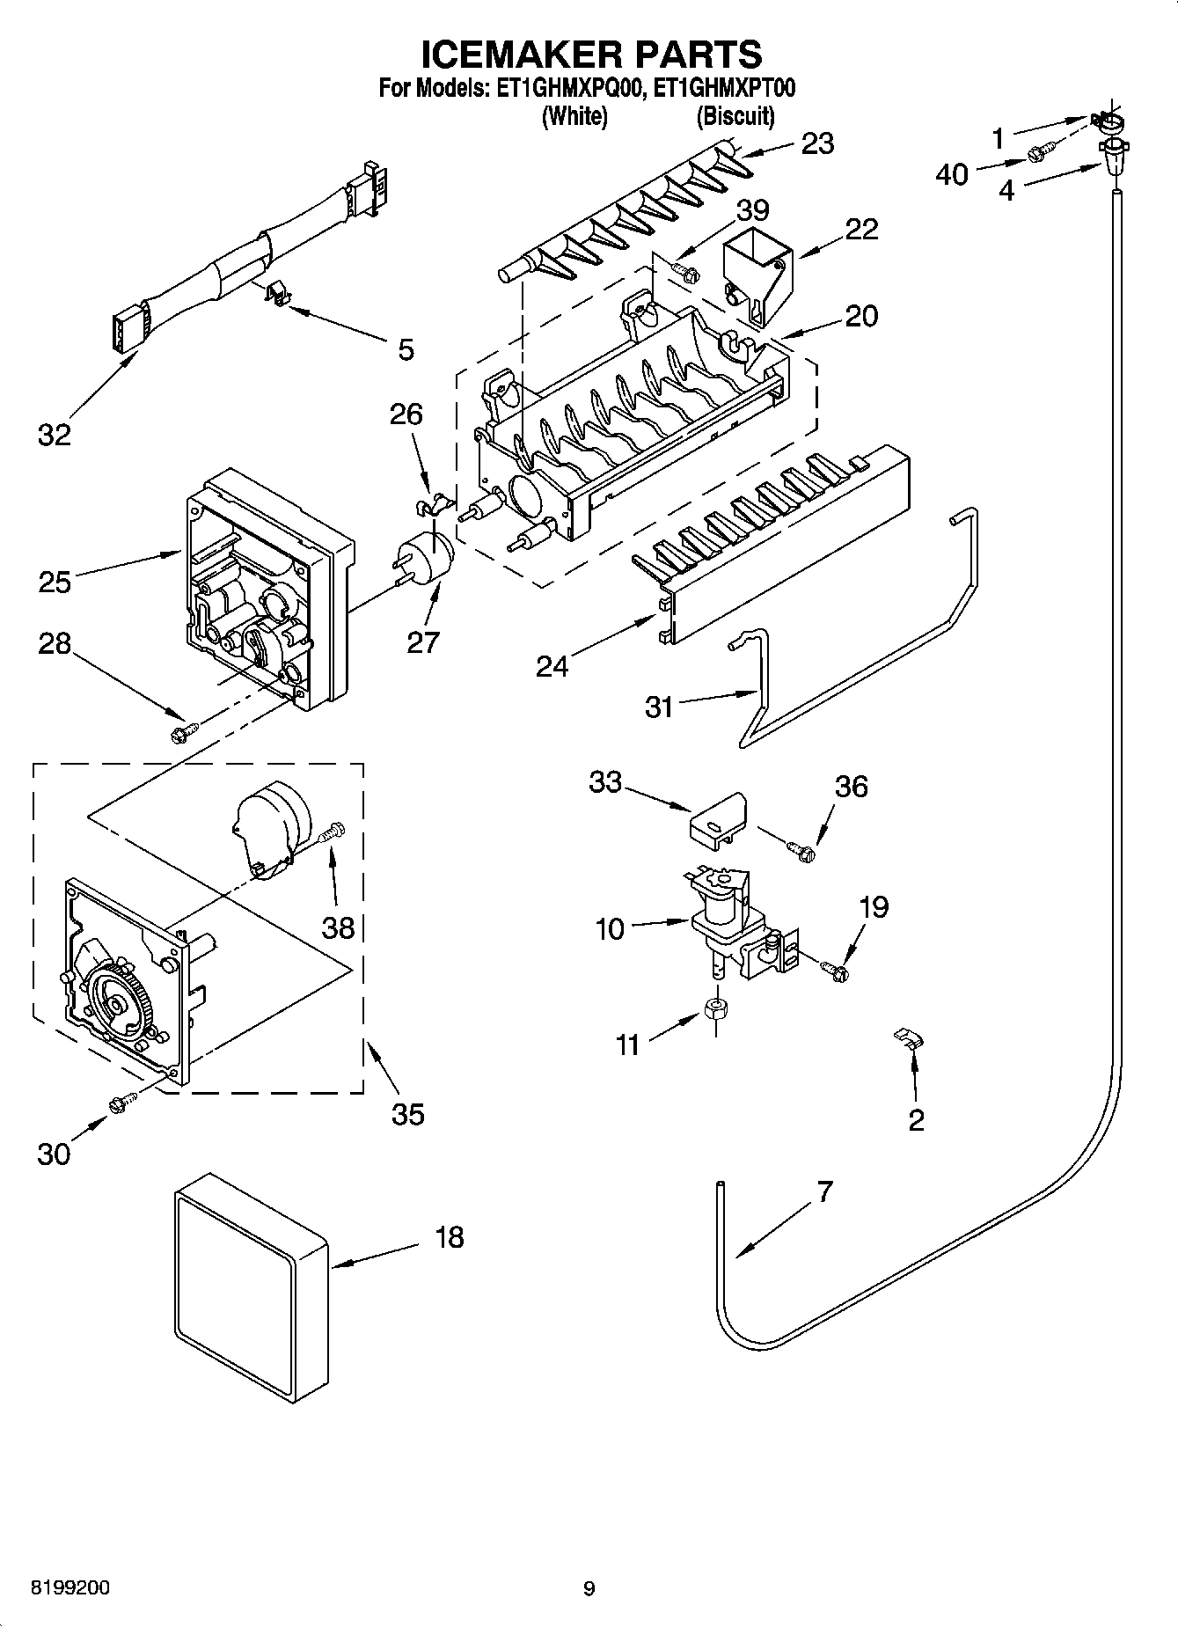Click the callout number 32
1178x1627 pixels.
pos(54,434)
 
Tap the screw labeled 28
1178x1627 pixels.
pos(184,729)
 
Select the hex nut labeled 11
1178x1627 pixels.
pos(716,1008)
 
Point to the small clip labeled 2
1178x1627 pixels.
pos(909,1037)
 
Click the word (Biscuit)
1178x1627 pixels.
pos(735,115)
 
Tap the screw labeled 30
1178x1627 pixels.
pos(123,1101)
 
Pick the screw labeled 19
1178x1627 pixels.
pos(835,970)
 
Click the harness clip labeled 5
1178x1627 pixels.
pos(279,293)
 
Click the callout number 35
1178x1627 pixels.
pos(407,1113)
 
